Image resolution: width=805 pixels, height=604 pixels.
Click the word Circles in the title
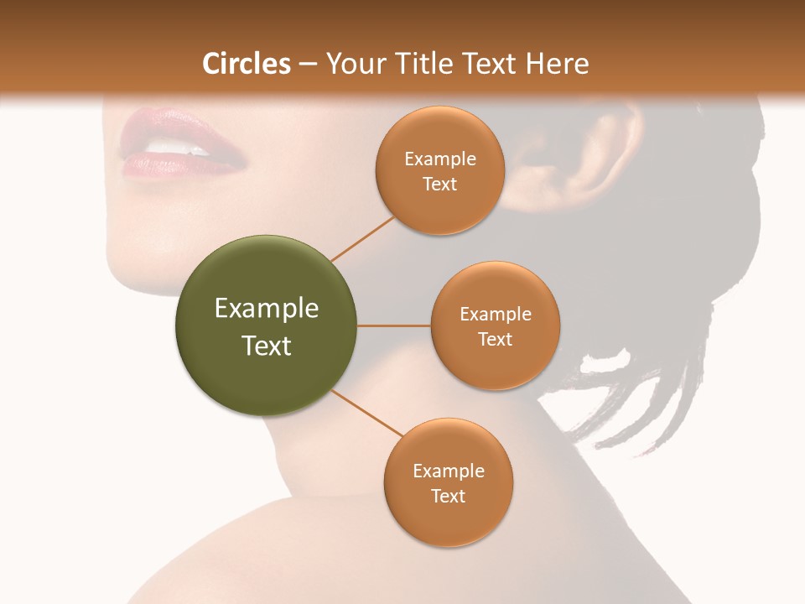[247, 64]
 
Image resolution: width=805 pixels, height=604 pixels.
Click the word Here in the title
[558, 64]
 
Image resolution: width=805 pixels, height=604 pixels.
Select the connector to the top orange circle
[362, 238]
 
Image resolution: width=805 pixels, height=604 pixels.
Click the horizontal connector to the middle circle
[394, 325]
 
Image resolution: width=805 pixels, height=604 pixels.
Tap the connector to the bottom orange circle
[368, 414]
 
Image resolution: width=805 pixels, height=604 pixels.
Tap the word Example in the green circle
[267, 309]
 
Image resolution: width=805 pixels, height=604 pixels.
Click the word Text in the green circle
[267, 346]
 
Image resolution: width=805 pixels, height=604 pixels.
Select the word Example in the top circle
[440, 159]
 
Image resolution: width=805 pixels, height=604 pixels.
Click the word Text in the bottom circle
[448, 496]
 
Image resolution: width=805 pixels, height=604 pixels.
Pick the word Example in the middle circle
[495, 315]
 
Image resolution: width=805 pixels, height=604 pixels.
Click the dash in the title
[308, 64]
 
